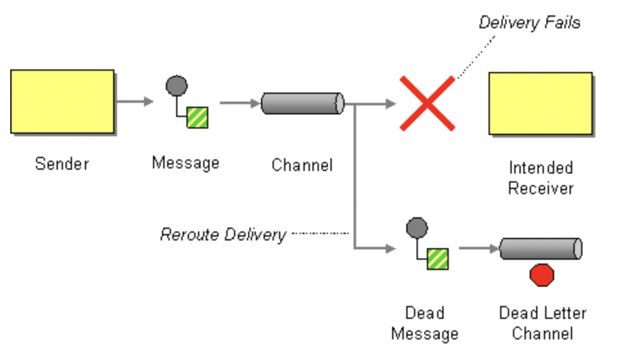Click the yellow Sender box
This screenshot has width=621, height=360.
coord(62,102)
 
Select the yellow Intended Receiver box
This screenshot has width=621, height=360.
coord(540,104)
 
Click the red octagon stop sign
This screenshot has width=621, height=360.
coord(541,275)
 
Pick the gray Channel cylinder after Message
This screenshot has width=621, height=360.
coord(302,103)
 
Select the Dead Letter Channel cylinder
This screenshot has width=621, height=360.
coord(541,249)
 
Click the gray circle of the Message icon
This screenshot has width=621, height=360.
coord(177,85)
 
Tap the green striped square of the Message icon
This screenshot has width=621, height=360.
coord(197,118)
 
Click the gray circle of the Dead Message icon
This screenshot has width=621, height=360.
coord(417,228)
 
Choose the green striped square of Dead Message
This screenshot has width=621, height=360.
coord(438,259)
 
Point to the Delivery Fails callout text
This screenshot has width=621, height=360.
coord(529,23)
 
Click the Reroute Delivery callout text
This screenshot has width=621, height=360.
coord(222,235)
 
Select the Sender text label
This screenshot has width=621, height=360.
coord(62,163)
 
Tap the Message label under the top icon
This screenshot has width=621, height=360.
coord(185,163)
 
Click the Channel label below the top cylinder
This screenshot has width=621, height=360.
coord(302,165)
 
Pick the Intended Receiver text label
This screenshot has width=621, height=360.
coord(541,178)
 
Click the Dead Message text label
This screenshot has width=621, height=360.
coord(424,323)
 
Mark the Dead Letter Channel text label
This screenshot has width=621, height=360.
coord(543,323)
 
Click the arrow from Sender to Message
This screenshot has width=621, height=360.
coord(136,102)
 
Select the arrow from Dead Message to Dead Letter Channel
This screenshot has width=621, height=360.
coord(478,248)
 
